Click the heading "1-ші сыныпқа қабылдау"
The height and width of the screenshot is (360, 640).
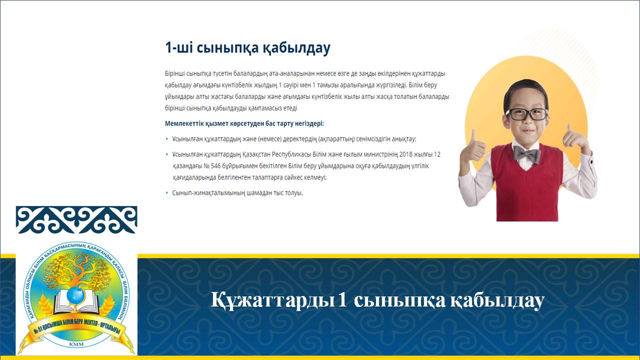247,47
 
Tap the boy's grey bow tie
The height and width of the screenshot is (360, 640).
527,154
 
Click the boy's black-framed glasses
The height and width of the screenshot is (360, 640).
526,114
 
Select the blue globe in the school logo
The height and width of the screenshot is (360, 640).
75,295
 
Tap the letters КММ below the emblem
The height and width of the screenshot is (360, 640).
76,344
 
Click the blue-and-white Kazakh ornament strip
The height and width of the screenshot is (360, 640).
76,219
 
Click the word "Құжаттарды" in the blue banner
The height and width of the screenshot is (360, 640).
272,300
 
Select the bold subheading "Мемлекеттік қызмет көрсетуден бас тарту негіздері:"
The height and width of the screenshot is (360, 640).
244,123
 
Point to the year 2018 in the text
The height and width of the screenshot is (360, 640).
405,154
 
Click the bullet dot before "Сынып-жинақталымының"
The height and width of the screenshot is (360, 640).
167,193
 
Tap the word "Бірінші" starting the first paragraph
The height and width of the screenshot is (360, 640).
174,73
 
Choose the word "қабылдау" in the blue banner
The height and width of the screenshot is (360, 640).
497,300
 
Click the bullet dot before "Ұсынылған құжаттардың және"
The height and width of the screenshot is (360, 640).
167,139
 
